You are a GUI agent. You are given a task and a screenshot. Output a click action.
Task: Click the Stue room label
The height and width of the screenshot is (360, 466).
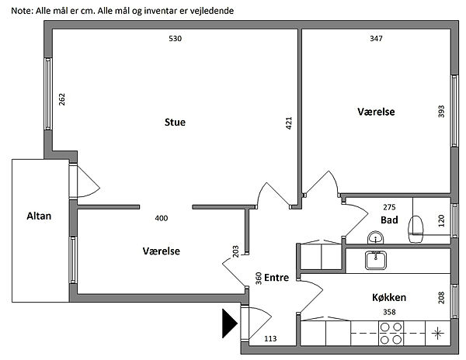[x=175, y=123]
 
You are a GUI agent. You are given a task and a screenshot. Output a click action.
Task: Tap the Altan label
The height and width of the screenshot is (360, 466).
[x=38, y=216]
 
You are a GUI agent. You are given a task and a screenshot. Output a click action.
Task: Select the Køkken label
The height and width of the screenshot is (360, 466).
[x=390, y=297]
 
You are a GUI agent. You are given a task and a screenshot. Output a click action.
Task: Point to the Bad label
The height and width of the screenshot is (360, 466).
[x=389, y=220]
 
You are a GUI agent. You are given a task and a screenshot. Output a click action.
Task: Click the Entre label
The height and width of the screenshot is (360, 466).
[x=277, y=277]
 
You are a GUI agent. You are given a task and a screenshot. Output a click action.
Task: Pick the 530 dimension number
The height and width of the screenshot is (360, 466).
[x=175, y=39]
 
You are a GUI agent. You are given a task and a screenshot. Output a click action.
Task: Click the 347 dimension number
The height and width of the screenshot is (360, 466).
[x=377, y=39]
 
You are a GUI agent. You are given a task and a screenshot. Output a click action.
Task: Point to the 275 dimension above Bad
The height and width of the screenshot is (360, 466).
[x=390, y=207]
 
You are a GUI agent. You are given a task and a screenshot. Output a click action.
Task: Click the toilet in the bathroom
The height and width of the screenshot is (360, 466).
[x=417, y=226]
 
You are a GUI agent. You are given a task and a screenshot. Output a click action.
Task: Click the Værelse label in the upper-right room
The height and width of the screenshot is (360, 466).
[x=376, y=112]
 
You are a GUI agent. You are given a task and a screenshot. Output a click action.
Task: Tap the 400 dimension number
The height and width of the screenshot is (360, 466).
[x=162, y=218]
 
